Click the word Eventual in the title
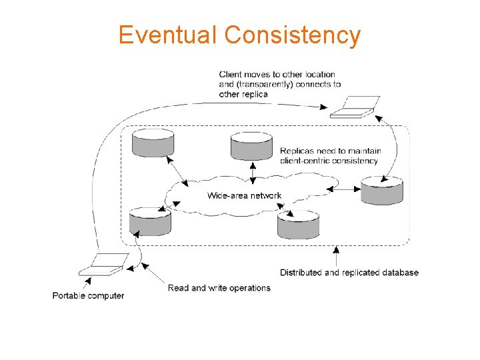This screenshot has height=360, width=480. point(168,35)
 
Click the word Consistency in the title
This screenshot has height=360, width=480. point(293,35)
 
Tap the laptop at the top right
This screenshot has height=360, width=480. point(356,107)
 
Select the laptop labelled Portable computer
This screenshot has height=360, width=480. point(104,264)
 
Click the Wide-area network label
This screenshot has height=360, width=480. point(244,195)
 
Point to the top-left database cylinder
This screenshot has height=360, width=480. point(153,143)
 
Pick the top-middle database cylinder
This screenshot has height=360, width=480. point(251,146)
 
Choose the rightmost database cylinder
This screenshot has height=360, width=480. point(381,190)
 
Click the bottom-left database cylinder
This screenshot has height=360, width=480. point(149,221)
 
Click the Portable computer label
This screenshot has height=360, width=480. point(88,295)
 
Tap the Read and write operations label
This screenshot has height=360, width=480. point(219,288)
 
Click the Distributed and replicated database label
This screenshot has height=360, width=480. point(349,272)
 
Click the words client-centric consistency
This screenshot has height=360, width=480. point(329,161)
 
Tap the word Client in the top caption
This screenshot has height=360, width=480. point(230,75)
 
